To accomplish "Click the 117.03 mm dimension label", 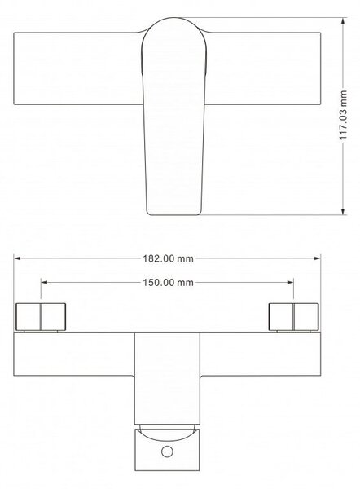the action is point(343,114).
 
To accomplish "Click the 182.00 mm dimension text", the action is point(169,258).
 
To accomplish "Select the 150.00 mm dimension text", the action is point(169,283).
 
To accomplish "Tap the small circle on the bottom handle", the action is point(167,452).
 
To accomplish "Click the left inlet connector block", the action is point(41,316).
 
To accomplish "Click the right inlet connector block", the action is point(293,316).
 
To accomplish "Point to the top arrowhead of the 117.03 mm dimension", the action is point(343,21).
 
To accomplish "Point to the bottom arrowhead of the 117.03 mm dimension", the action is point(343,211).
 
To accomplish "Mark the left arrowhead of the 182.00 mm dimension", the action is point(17,258).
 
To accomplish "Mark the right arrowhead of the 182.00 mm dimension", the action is point(317,258).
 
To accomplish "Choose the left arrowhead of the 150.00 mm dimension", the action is point(44,283).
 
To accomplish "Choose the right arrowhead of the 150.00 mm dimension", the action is point(290,283).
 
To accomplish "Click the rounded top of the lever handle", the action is point(174,18).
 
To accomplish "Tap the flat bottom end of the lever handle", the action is point(173,215).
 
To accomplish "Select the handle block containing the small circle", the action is point(167,450).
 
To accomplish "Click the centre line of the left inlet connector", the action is point(41,316).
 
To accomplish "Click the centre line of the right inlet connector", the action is point(293,316).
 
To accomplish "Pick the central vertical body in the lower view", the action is point(167,378).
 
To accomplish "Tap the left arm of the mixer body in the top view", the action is point(77,68).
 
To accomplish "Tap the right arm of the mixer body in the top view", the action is point(263,68).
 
